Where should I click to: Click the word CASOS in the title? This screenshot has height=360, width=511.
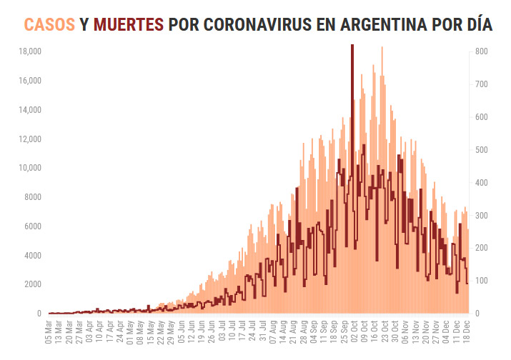[x=49, y=25]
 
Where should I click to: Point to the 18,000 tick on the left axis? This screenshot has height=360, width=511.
[x=29, y=52]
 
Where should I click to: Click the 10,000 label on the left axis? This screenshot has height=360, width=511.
[x=29, y=168]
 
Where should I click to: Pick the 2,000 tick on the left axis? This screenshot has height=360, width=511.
[x=32, y=284]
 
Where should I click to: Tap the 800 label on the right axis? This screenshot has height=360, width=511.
[x=481, y=52]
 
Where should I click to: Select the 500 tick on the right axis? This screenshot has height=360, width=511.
[x=481, y=150]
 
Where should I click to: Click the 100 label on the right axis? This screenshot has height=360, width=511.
[x=481, y=281]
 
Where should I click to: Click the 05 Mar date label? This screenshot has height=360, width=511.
[x=48, y=332]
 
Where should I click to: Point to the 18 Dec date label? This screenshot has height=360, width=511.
[x=466, y=332]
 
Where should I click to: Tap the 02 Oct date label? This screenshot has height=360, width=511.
[x=354, y=332]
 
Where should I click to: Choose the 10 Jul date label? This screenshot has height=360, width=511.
[x=232, y=332]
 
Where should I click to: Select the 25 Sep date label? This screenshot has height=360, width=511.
[x=344, y=332]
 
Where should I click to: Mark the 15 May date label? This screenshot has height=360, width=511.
[x=150, y=332]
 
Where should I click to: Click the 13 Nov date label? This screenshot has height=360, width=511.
[x=415, y=332]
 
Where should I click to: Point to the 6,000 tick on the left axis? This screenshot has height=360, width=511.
[x=32, y=226]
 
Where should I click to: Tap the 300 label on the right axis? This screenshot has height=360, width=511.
[x=481, y=215]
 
